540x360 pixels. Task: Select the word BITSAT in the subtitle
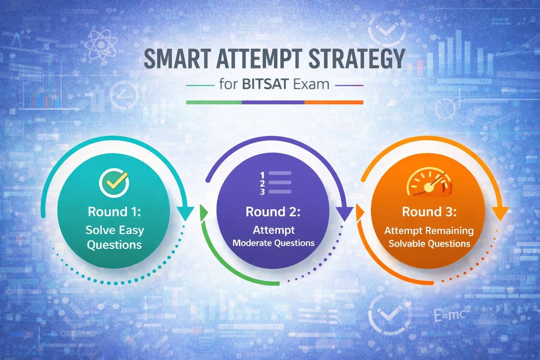(266, 84)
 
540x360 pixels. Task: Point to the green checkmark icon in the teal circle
(114, 182)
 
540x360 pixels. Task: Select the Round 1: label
(114, 212)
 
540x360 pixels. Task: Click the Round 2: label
(273, 212)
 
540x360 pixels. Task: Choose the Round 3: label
(429, 212)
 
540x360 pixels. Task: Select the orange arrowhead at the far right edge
(499, 213)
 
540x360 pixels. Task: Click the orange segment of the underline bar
(334, 102)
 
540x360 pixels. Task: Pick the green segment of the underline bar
(213, 102)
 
